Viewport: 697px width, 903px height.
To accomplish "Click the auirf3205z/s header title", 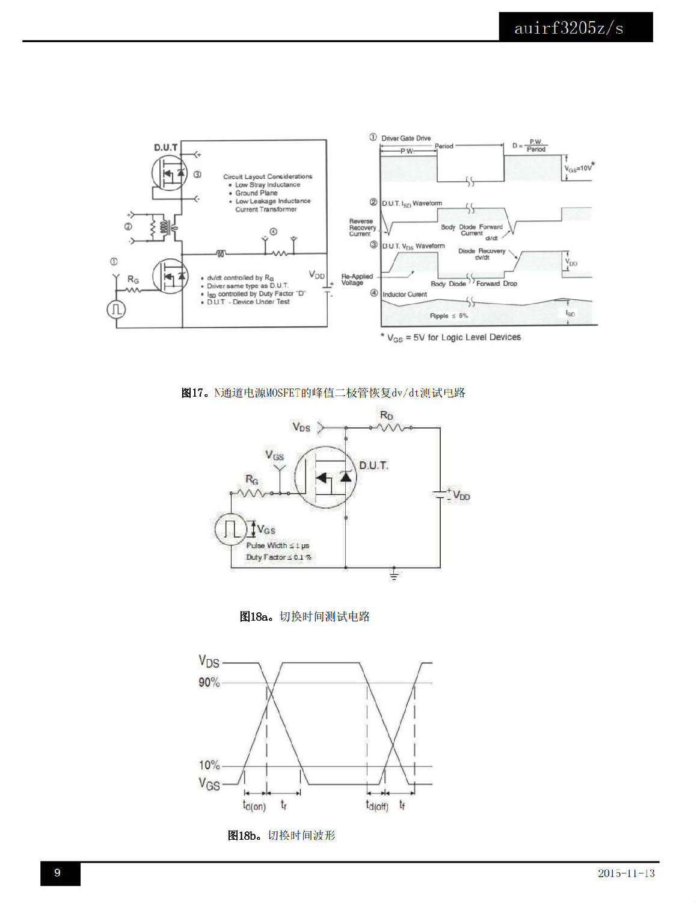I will [x=568, y=28].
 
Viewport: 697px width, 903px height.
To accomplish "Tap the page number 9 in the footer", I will [x=58, y=873].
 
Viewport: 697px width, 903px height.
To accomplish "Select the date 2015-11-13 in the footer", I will [x=625, y=873].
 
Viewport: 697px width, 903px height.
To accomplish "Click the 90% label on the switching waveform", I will [x=209, y=682].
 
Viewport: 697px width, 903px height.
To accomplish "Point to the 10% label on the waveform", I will [x=209, y=765].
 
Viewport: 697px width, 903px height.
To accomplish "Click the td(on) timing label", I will [x=254, y=805].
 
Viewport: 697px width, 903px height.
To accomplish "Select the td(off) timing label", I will [x=377, y=805].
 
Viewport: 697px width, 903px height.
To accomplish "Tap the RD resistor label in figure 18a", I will [x=387, y=415].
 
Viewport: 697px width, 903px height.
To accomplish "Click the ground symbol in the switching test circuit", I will [x=394, y=575].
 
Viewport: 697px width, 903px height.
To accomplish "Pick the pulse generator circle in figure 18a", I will [x=230, y=528].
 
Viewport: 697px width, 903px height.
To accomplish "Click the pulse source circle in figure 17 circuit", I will [x=116, y=309].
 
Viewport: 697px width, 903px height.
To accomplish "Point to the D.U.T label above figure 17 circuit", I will [x=165, y=147].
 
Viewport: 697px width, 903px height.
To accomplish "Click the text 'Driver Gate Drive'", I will [x=406, y=138].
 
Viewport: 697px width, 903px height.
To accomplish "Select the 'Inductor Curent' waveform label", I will [x=404, y=294].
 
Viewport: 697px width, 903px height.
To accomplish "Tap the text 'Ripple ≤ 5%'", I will [x=449, y=316].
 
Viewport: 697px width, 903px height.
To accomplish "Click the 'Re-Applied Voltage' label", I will [x=357, y=279].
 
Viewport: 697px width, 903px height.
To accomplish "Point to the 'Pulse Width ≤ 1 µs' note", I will [x=278, y=545].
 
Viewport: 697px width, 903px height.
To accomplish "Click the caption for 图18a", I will [x=304, y=616].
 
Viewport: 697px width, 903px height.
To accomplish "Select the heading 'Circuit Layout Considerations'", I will [x=268, y=176].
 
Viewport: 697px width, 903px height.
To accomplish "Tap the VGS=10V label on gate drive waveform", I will [x=579, y=169].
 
